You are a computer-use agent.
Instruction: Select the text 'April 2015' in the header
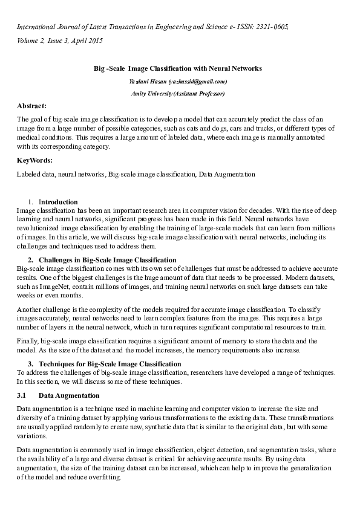(x=87, y=41)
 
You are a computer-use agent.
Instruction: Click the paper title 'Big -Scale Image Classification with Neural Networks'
(x=178, y=70)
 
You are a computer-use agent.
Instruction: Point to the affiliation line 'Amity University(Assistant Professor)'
(x=178, y=94)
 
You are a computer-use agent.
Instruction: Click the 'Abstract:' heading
(x=32, y=105)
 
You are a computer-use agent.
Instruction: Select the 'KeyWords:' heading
(x=34, y=160)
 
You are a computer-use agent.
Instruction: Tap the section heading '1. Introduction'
(x=58, y=201)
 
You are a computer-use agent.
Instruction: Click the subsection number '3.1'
(x=22, y=395)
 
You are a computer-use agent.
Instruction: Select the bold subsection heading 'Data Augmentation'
(x=69, y=395)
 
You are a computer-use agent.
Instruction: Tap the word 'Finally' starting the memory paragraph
(x=28, y=342)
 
